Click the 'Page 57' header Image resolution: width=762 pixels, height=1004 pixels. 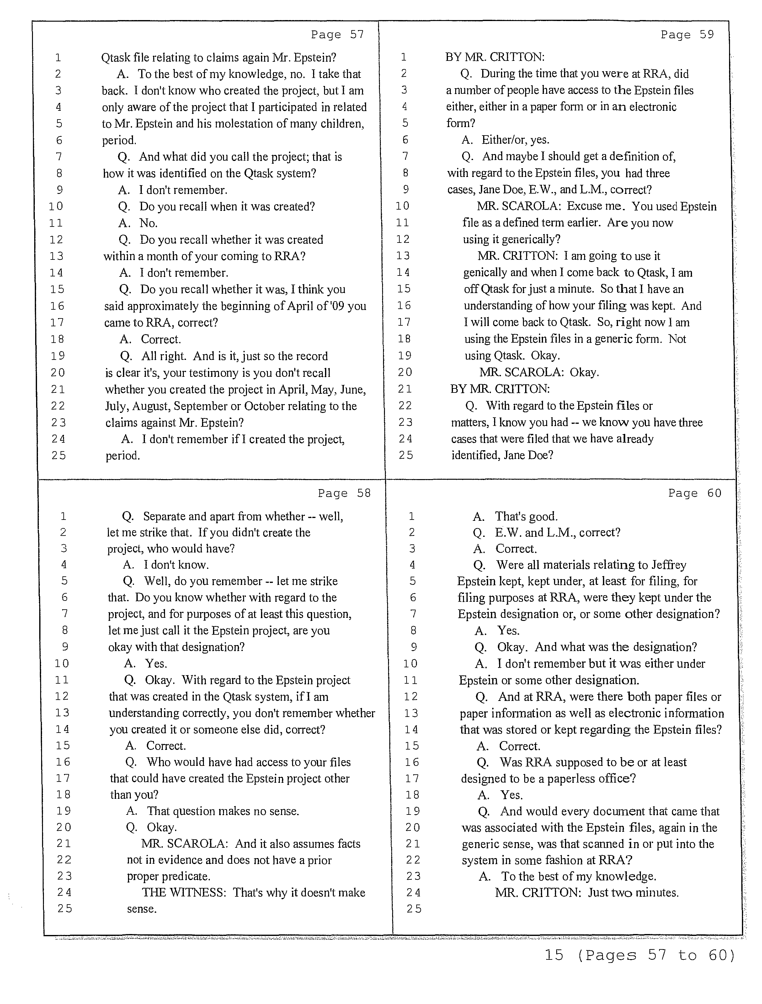click(337, 35)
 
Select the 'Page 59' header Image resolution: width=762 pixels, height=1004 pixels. click(687, 35)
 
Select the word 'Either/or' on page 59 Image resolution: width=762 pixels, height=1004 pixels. click(502, 140)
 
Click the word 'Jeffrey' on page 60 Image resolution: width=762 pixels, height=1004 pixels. click(669, 565)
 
